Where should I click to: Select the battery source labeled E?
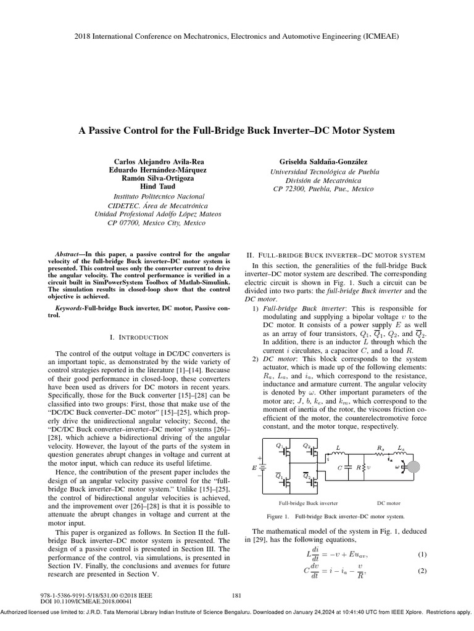(x=262, y=467)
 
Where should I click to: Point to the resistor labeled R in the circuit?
(x=365, y=466)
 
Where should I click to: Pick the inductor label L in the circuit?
(x=338, y=449)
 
